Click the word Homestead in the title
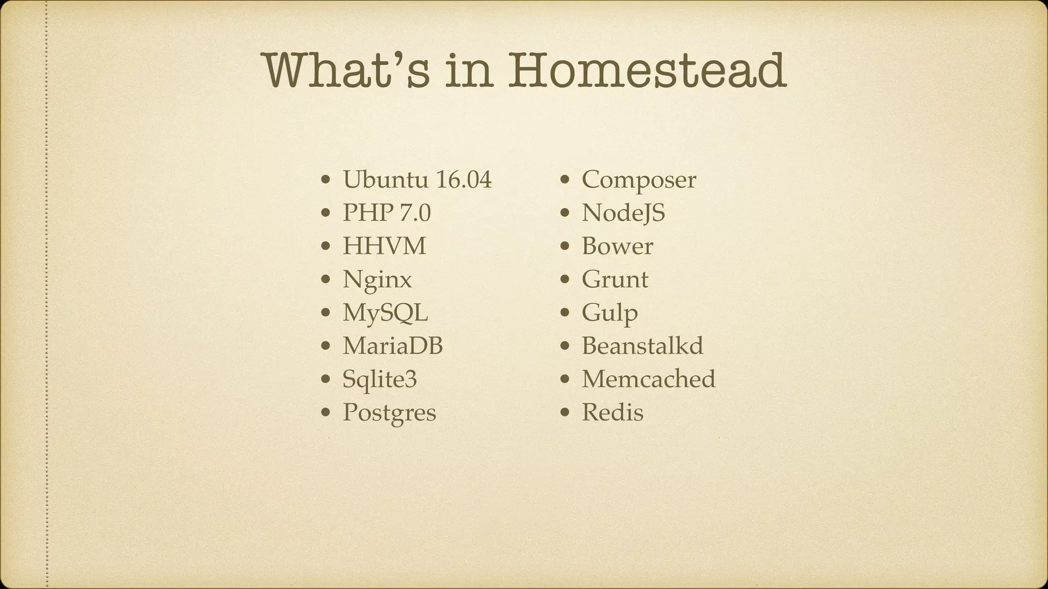coord(647,70)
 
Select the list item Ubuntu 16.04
coord(417,179)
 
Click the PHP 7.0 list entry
coord(386,213)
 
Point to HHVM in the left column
coord(384,246)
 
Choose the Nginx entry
coord(377,280)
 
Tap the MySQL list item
coord(385,313)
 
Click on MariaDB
coord(392,346)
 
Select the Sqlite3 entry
coord(380,379)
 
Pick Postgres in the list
coord(389,413)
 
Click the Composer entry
coord(639,179)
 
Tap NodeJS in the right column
coord(623,213)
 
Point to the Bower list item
coord(617,246)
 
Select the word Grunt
coord(615,280)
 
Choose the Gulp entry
coord(609,313)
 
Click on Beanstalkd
coord(642,346)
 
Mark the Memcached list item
coord(648,379)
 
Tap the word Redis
coord(613,413)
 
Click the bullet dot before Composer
coord(565,180)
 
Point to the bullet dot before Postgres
coord(326,413)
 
